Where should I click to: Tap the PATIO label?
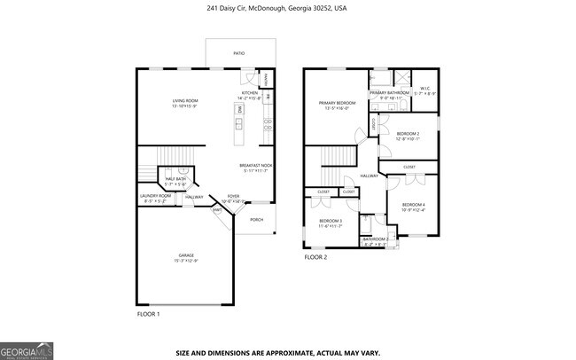238,53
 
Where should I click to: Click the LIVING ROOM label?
184,101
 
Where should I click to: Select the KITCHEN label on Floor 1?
250,93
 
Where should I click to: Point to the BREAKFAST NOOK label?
255,166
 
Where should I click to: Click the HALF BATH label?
175,179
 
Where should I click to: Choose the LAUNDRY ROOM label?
155,196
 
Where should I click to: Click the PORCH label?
256,219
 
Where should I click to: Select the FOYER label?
233,196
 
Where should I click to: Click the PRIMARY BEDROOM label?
337,103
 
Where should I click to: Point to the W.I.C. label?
425,88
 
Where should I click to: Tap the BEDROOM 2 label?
408,134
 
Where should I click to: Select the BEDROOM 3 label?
330,220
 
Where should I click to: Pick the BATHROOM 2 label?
375,239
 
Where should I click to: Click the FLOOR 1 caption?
148,315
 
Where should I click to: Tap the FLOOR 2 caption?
315,257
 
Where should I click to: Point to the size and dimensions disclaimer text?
277,352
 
